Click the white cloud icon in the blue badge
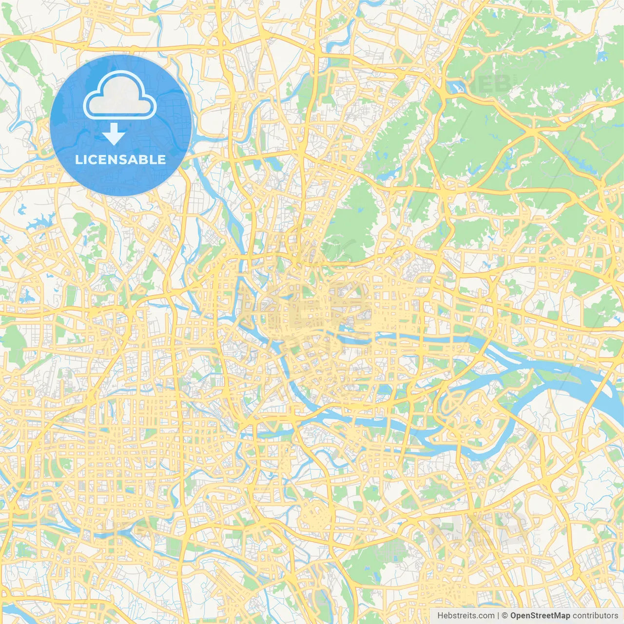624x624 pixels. click(120, 96)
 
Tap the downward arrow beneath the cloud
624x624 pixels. click(114, 134)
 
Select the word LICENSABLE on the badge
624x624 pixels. click(120, 159)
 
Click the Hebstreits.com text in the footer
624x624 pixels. click(466, 616)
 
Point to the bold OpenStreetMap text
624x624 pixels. click(540, 616)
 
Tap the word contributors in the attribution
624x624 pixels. click(595, 616)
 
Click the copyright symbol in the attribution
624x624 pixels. click(505, 616)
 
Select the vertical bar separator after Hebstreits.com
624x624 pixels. click(498, 616)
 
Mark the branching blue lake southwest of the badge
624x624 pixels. click(37, 224)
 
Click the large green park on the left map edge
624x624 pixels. click(12, 341)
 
